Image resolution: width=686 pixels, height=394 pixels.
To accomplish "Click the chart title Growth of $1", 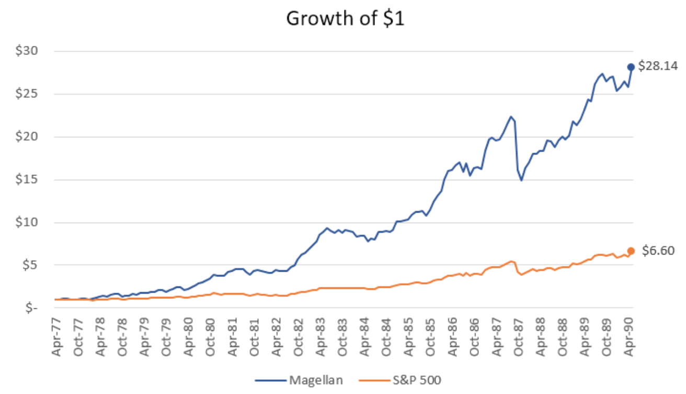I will tap(345, 18).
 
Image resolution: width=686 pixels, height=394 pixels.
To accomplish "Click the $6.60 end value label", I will tap(657, 251).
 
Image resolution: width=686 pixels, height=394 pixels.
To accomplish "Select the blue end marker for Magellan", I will tap(631, 67).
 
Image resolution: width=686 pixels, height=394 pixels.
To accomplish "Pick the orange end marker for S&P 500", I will tap(631, 251).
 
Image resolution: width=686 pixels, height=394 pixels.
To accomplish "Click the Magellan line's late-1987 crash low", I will tap(521, 180).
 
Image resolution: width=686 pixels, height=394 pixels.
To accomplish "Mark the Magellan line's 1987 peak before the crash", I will tap(511, 117).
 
